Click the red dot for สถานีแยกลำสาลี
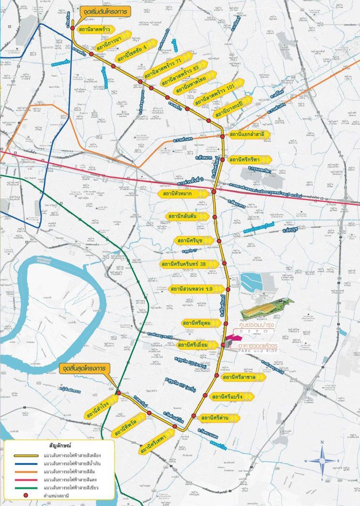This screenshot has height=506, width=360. click(222, 137)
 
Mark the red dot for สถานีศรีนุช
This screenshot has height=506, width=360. click(218, 240)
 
